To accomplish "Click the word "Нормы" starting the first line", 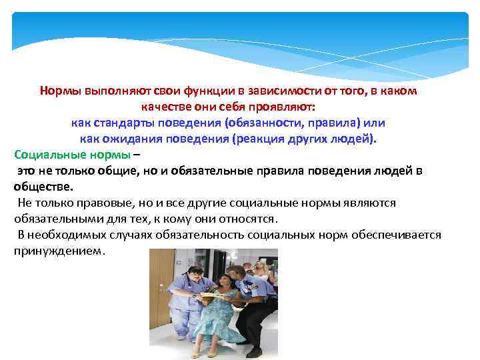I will [x=61, y=91].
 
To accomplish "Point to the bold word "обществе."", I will [x=43, y=187].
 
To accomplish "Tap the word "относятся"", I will [x=245, y=219].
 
